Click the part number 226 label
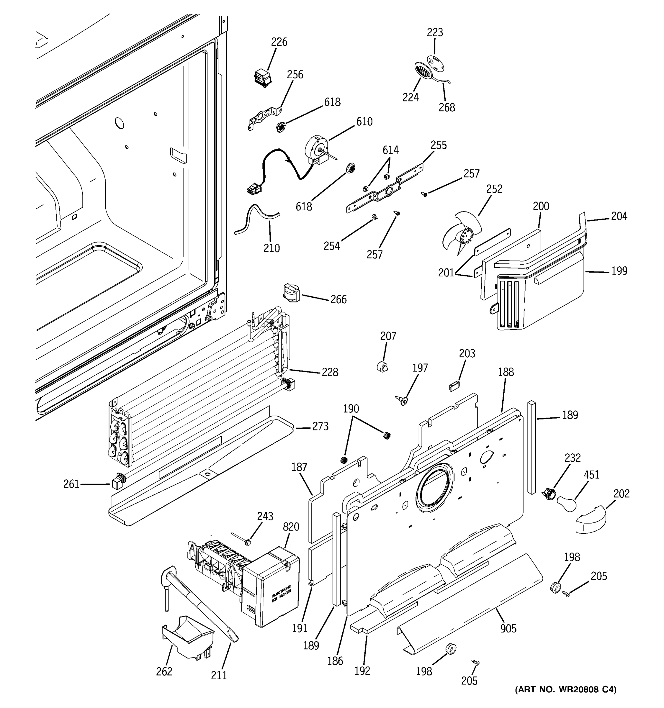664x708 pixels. tap(279, 42)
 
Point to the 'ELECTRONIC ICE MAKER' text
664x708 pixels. tap(282, 594)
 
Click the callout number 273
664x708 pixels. tap(320, 426)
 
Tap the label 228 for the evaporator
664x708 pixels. tap(330, 372)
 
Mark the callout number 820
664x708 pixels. tap(291, 527)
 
